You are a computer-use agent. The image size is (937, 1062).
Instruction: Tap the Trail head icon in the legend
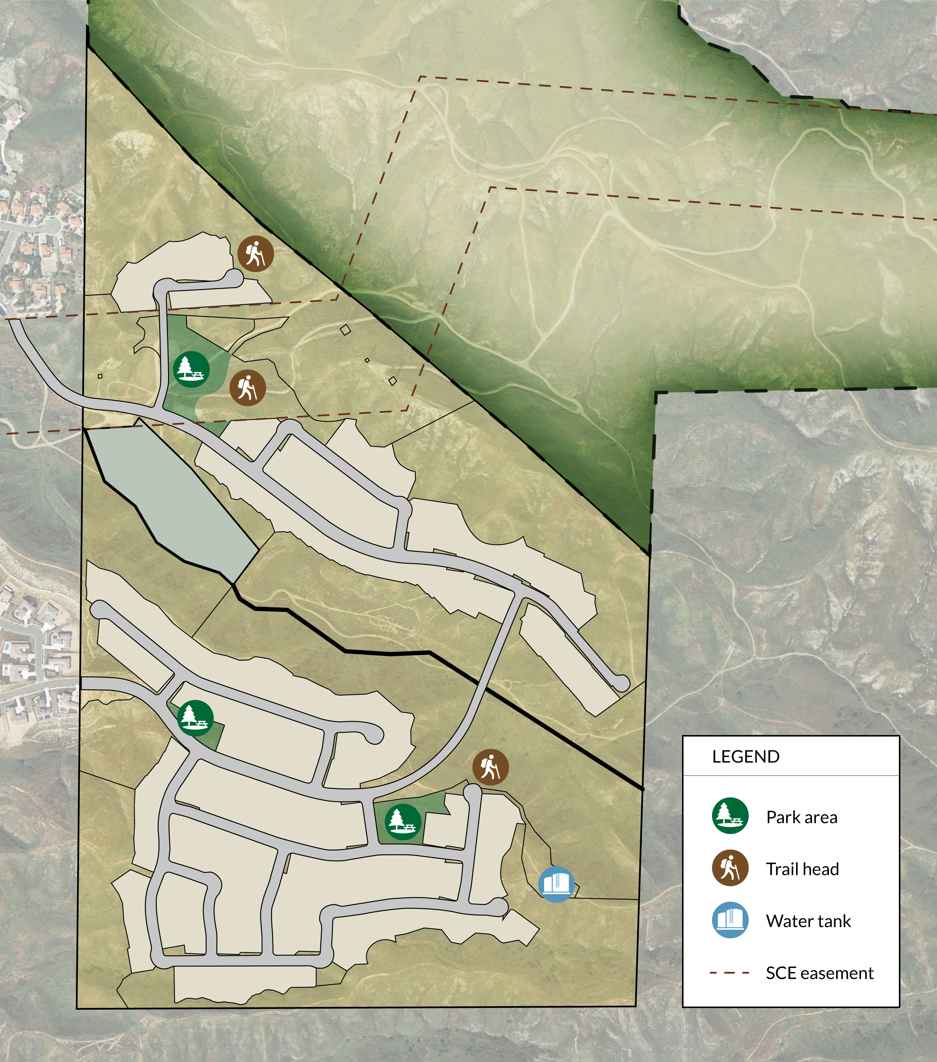[730, 868]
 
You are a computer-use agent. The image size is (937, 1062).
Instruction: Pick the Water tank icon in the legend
[730, 920]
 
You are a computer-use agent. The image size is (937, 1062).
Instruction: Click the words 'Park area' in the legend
[801, 817]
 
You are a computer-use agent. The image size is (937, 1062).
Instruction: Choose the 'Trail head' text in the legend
[802, 869]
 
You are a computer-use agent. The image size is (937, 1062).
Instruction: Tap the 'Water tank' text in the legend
[808, 921]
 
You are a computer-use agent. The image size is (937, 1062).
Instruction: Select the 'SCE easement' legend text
[820, 973]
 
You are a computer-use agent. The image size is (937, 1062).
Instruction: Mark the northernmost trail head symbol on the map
[255, 254]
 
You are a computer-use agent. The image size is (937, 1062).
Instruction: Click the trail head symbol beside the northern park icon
[248, 388]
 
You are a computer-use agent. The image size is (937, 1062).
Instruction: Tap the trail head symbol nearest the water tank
[490, 767]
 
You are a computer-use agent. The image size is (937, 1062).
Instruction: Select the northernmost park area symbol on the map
[191, 369]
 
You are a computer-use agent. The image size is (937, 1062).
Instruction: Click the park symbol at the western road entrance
[195, 718]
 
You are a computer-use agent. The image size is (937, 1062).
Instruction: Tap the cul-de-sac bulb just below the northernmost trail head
[234, 279]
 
